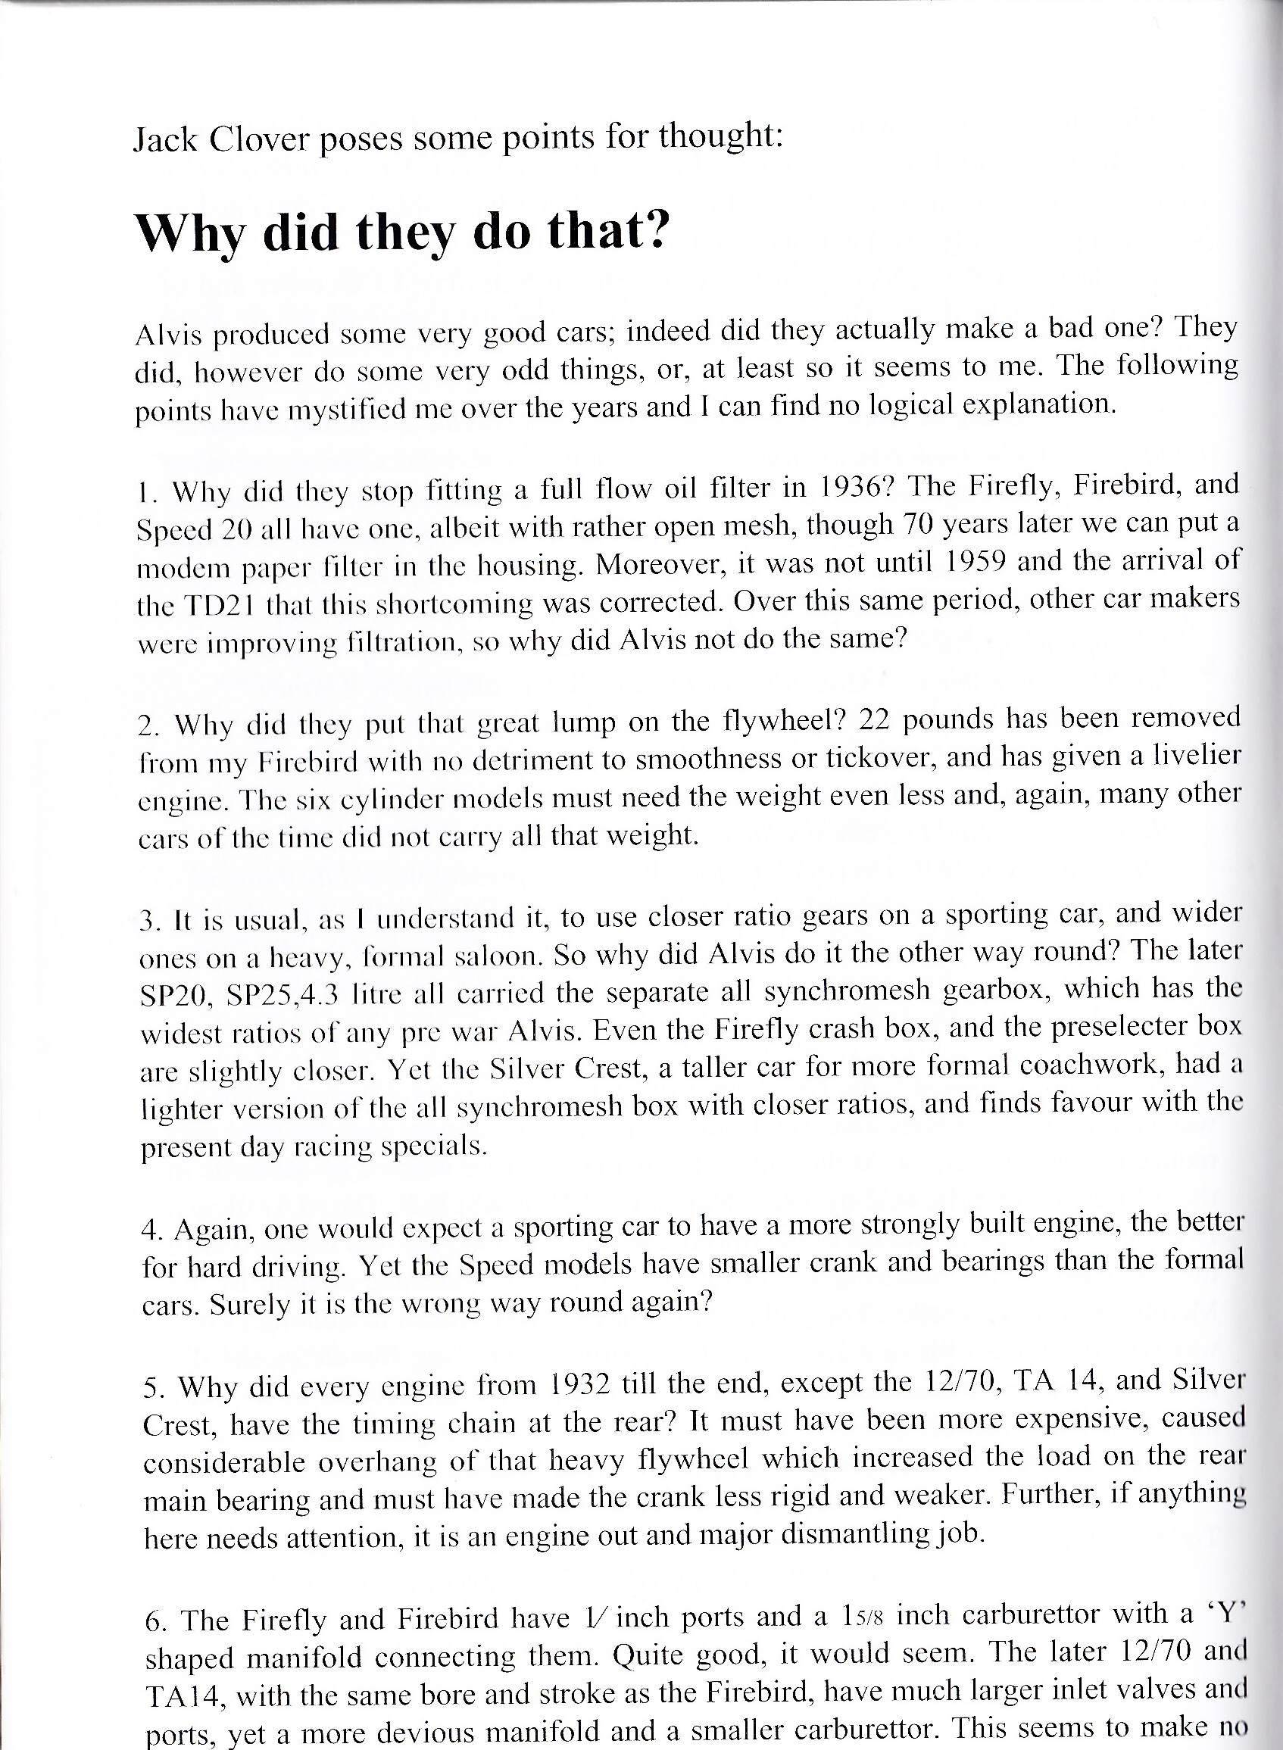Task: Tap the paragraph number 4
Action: click(148, 1230)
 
